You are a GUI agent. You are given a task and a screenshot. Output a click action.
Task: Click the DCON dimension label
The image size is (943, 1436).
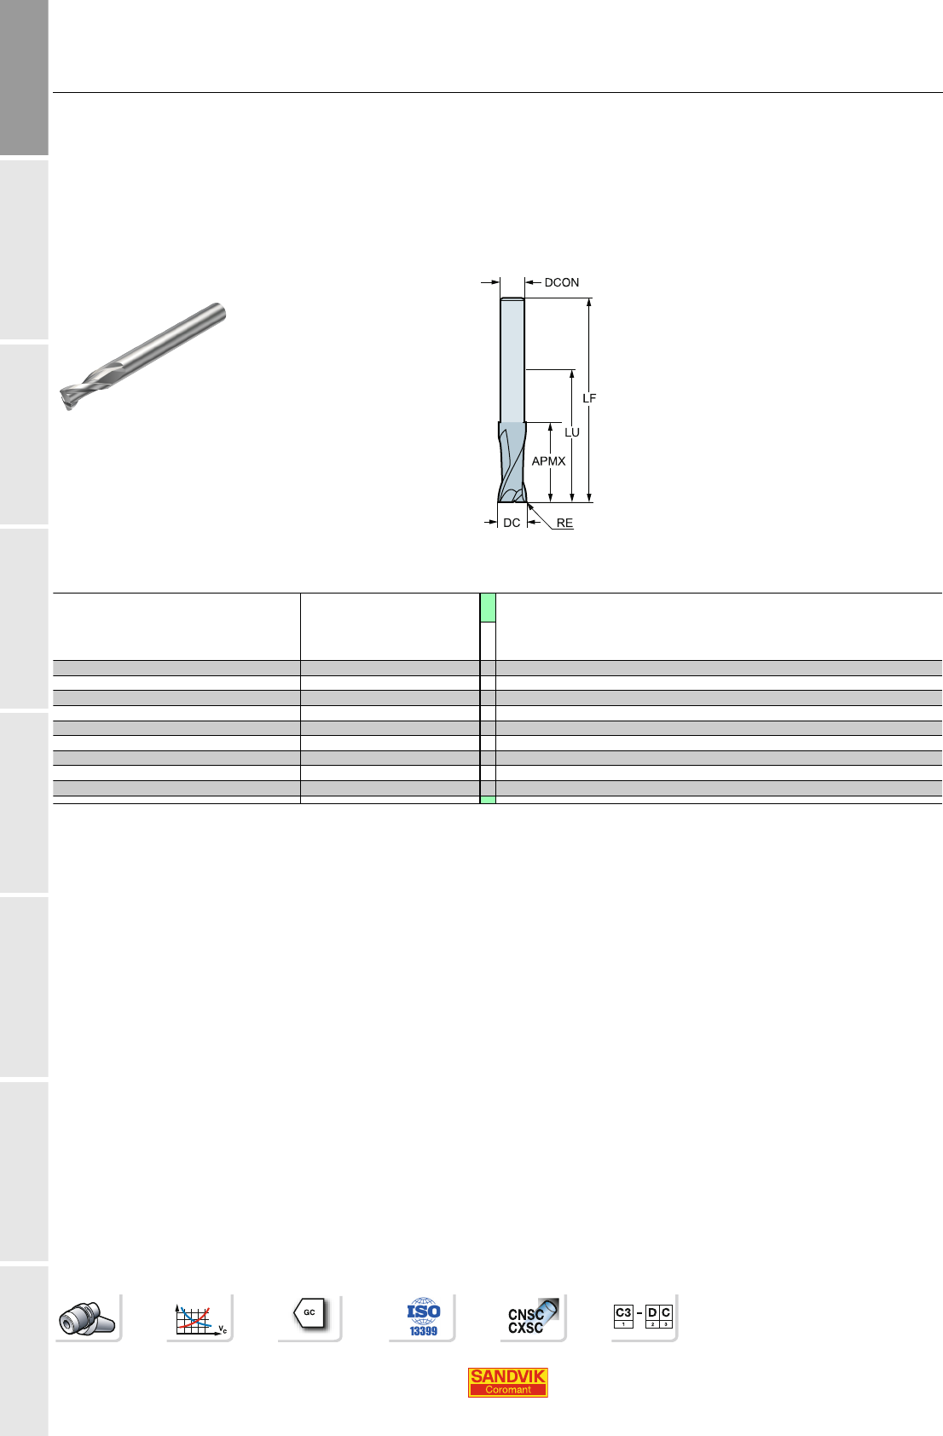click(562, 283)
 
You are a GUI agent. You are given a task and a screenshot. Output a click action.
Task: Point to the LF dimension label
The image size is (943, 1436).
click(589, 399)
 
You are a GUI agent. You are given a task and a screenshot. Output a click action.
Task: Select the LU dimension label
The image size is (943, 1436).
click(572, 432)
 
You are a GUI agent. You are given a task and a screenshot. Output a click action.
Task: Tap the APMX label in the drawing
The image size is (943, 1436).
click(549, 461)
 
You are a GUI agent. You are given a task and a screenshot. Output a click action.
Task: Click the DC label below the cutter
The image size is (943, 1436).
click(512, 523)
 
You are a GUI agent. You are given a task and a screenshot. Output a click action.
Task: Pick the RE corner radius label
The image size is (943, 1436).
click(564, 523)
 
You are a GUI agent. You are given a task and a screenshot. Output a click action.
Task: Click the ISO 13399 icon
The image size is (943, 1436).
click(423, 1317)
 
